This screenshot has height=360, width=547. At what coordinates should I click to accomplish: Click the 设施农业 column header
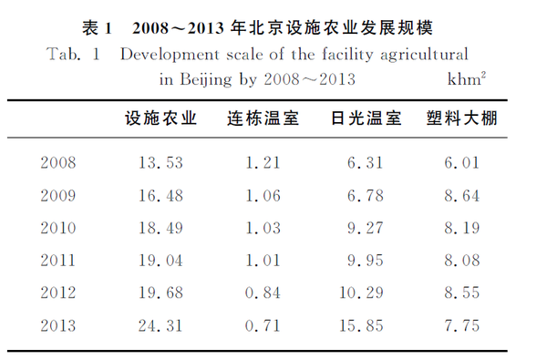click(x=161, y=118)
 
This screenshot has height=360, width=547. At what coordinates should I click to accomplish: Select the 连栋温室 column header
click(x=263, y=118)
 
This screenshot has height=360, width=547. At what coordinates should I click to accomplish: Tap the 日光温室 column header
click(x=366, y=118)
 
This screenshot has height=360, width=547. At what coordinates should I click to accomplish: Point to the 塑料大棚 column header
click(x=462, y=118)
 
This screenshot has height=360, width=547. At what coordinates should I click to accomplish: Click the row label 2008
click(x=58, y=162)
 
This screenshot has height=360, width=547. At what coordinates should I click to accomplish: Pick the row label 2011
click(x=58, y=261)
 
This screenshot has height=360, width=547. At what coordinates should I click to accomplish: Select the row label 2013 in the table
click(x=58, y=325)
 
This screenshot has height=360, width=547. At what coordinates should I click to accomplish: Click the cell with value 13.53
click(x=160, y=162)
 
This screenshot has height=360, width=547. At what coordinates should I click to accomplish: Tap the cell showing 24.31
click(x=160, y=325)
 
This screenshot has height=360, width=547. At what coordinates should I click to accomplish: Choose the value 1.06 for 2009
click(x=263, y=195)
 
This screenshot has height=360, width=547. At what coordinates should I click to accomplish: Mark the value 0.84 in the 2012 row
click(x=263, y=293)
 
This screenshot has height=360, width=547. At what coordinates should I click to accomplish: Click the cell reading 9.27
click(x=366, y=228)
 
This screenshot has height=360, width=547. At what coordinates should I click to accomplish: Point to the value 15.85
click(x=361, y=325)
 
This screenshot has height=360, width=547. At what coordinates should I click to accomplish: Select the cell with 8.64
click(x=462, y=195)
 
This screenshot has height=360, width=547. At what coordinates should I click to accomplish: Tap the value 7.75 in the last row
click(x=462, y=325)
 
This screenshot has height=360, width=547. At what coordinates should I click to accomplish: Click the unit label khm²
click(x=467, y=79)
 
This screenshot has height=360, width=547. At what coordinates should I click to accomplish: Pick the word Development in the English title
click(x=170, y=55)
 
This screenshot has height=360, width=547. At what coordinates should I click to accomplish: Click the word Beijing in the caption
click(x=206, y=80)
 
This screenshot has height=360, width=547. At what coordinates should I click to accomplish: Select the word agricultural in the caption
click(x=424, y=55)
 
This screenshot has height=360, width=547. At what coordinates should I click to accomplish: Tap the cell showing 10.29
click(x=361, y=293)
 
